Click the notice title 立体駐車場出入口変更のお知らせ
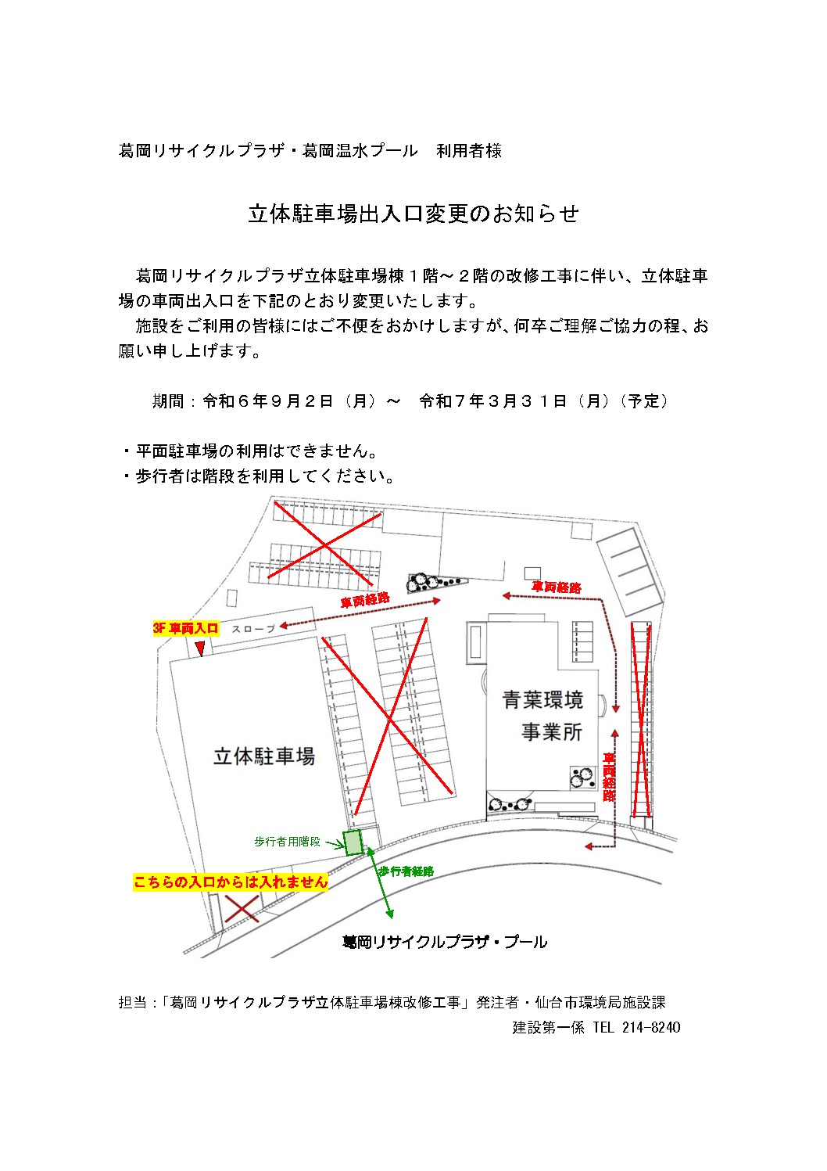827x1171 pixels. (413, 214)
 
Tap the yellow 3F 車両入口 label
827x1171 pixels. (186, 628)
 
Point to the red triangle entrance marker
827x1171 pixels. (200, 648)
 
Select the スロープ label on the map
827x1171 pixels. (253, 628)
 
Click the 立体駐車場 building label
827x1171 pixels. (264, 756)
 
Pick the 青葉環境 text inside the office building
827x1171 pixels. (542, 699)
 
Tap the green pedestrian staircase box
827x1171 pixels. (353, 842)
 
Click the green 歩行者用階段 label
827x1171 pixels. (287, 842)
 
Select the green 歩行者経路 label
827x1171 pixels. (406, 871)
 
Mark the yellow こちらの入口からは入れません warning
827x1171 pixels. (231, 882)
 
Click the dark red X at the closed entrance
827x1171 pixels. (242, 909)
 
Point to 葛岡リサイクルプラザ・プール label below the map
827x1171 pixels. (445, 942)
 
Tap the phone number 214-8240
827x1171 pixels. (651, 1027)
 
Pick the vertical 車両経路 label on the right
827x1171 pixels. (609, 777)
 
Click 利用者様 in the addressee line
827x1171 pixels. (469, 151)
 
